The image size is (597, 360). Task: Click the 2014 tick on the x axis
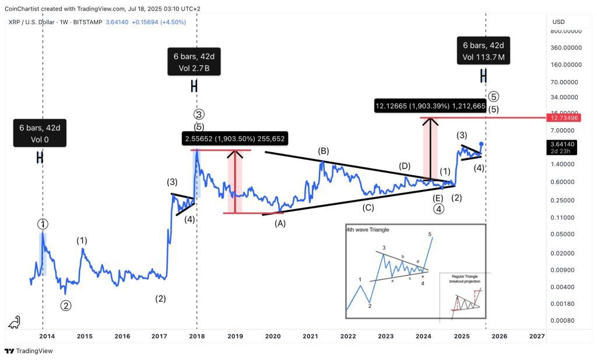[47, 337]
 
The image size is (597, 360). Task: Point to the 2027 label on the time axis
[536, 337]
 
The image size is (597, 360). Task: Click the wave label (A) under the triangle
[280, 223]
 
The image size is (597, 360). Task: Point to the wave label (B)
[323, 151]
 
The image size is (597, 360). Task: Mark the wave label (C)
[368, 207]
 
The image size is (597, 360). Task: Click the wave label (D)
[405, 166]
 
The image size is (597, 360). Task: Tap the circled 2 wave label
[66, 305]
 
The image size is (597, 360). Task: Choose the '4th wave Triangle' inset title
[367, 230]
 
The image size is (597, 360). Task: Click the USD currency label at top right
[558, 22]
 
